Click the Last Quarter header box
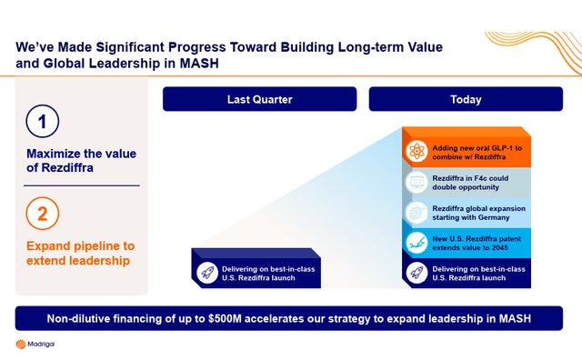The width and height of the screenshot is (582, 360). point(260,99)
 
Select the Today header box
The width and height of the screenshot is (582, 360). point(466,99)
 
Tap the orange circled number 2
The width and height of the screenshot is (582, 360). point(42,215)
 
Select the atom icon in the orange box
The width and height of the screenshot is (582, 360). point(416,151)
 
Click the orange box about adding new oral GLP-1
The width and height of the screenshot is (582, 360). point(466,151)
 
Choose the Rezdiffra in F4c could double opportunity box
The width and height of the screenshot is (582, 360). point(466,181)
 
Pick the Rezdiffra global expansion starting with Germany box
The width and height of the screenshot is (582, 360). point(466,212)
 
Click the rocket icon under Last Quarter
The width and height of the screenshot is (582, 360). point(206,272)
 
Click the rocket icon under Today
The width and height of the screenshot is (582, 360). point(416,272)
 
